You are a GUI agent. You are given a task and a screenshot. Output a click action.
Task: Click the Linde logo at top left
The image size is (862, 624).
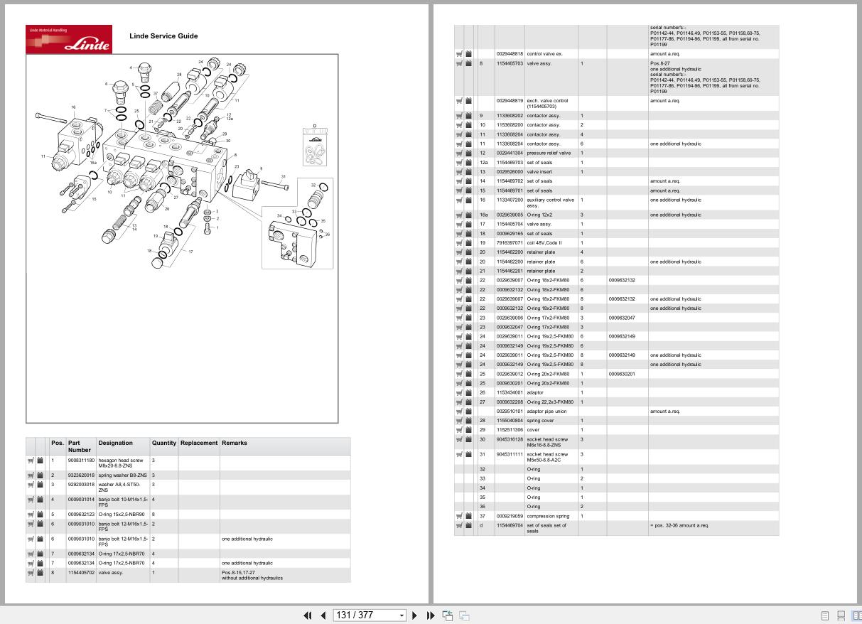[69, 39]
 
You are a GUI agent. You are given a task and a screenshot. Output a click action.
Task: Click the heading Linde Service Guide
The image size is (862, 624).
[163, 36]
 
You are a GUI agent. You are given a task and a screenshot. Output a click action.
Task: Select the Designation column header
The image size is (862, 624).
[115, 443]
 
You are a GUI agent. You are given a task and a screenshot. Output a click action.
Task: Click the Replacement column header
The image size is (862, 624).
[198, 443]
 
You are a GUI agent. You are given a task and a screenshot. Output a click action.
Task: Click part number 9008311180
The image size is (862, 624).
[81, 461]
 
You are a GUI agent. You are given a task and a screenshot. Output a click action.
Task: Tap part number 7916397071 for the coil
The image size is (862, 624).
[509, 243]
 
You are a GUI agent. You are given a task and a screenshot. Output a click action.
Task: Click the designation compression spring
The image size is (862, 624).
[548, 516]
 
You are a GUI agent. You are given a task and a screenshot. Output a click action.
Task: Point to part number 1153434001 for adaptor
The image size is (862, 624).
[509, 392]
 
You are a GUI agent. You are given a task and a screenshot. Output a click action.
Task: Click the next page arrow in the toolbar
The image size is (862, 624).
[415, 615]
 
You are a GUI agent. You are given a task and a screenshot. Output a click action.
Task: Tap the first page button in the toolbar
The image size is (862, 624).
[308, 615]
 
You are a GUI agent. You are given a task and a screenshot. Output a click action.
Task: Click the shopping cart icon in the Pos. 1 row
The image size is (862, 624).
[31, 461]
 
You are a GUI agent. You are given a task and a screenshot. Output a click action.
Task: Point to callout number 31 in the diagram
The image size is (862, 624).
[283, 177]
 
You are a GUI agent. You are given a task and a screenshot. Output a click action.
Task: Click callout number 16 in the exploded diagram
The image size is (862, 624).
[73, 107]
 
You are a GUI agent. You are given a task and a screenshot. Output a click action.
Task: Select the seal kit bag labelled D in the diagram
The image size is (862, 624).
[315, 146]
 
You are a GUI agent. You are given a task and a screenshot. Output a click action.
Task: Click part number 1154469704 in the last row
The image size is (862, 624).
[509, 525]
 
